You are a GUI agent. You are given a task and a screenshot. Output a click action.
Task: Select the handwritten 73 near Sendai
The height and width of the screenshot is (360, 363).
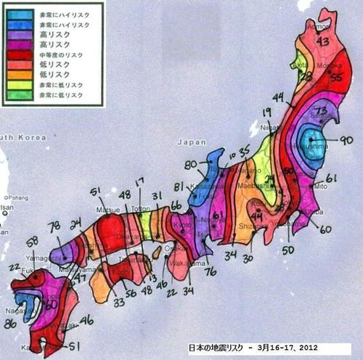point(321,109)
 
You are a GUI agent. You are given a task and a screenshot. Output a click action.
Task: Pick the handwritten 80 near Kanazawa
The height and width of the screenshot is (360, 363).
point(191,165)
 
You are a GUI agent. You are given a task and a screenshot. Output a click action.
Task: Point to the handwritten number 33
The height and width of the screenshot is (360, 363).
point(119,302)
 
